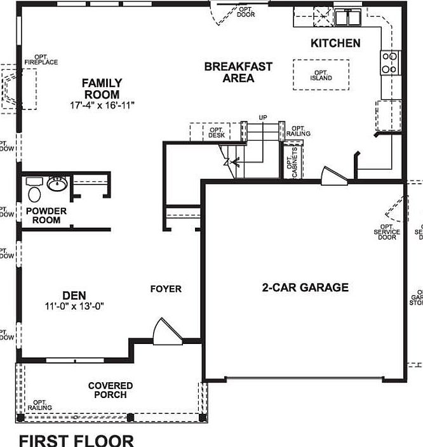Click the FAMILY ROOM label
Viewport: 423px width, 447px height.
tap(102, 88)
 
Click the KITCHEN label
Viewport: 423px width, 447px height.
tap(335, 43)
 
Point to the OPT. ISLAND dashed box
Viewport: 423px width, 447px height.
tap(321, 74)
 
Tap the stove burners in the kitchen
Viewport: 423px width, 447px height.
tap(389, 62)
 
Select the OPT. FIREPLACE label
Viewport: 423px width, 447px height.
tap(41, 60)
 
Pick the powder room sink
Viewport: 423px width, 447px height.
tap(57, 184)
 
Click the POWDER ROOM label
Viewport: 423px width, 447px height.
tap(43, 216)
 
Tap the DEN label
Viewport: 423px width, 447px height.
tap(74, 295)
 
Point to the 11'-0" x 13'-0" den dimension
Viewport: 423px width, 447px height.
tap(74, 306)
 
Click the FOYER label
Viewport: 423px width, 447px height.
tap(166, 289)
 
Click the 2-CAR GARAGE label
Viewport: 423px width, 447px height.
tap(305, 287)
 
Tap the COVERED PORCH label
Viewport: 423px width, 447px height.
tap(111, 390)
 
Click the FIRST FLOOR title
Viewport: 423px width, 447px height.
tap(76, 440)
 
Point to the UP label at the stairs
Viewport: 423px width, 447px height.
tap(263, 118)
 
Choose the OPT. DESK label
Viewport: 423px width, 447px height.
tap(217, 133)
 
